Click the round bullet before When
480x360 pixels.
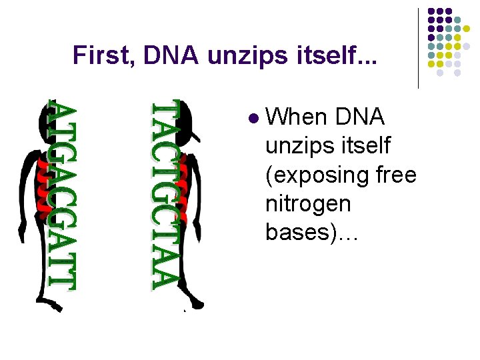(252, 118)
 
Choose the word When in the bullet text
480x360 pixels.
(295, 117)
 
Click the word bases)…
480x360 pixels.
(312, 232)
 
